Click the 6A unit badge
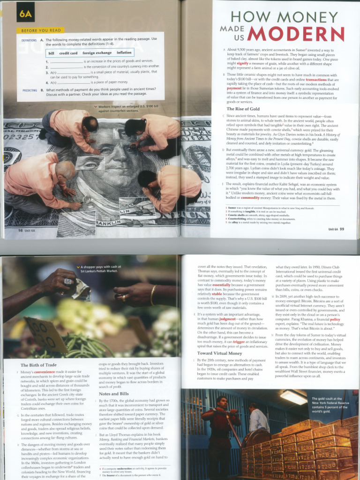point(25,14)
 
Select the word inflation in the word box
point(124,53)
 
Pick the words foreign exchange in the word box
point(97,53)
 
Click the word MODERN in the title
point(296,34)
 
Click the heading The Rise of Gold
point(243,109)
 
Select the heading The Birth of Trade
point(38,365)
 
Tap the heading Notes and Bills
point(114,394)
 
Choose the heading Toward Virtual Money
point(220,353)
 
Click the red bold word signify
point(242,62)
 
